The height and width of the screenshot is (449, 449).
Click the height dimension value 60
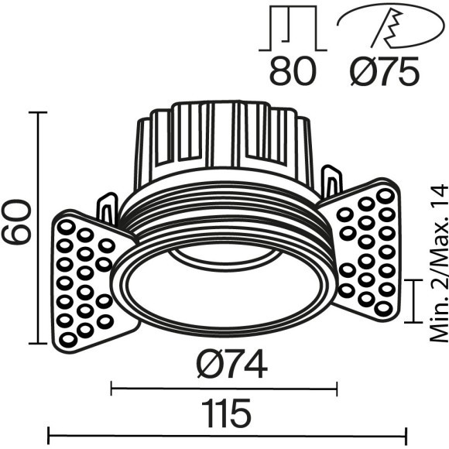pos(16,222)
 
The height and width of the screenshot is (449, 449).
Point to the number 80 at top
pos(293,72)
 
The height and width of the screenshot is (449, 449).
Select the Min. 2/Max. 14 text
pos(438,263)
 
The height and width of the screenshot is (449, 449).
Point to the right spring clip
pos(332,181)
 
